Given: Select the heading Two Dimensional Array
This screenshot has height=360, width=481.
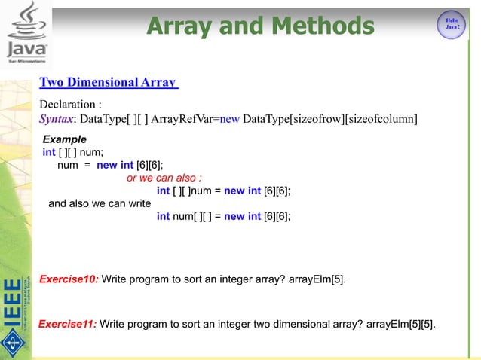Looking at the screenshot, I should point(108,82).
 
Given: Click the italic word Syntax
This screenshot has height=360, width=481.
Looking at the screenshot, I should point(57,119).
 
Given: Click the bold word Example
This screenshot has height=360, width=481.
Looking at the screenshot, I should point(64,140).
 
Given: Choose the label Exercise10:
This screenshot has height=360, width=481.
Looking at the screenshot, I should point(68,279).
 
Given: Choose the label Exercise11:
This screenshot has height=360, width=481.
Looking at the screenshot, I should point(67,324).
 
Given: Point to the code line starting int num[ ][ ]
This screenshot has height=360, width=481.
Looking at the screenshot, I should point(223,216).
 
